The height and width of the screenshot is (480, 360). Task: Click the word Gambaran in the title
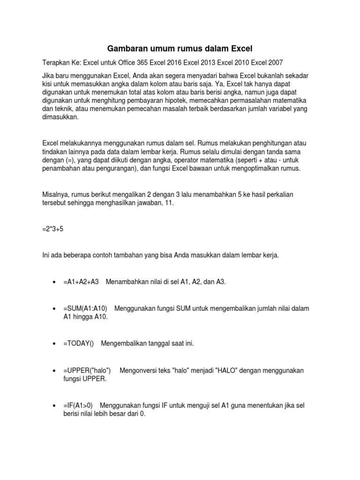coord(126,48)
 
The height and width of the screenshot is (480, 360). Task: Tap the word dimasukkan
coord(60,118)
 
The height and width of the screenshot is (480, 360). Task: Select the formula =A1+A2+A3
coord(81,282)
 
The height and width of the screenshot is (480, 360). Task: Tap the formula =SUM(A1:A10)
coord(85,308)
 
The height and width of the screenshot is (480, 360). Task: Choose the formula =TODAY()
coord(78,344)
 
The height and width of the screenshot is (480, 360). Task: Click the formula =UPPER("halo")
coord(87,370)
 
